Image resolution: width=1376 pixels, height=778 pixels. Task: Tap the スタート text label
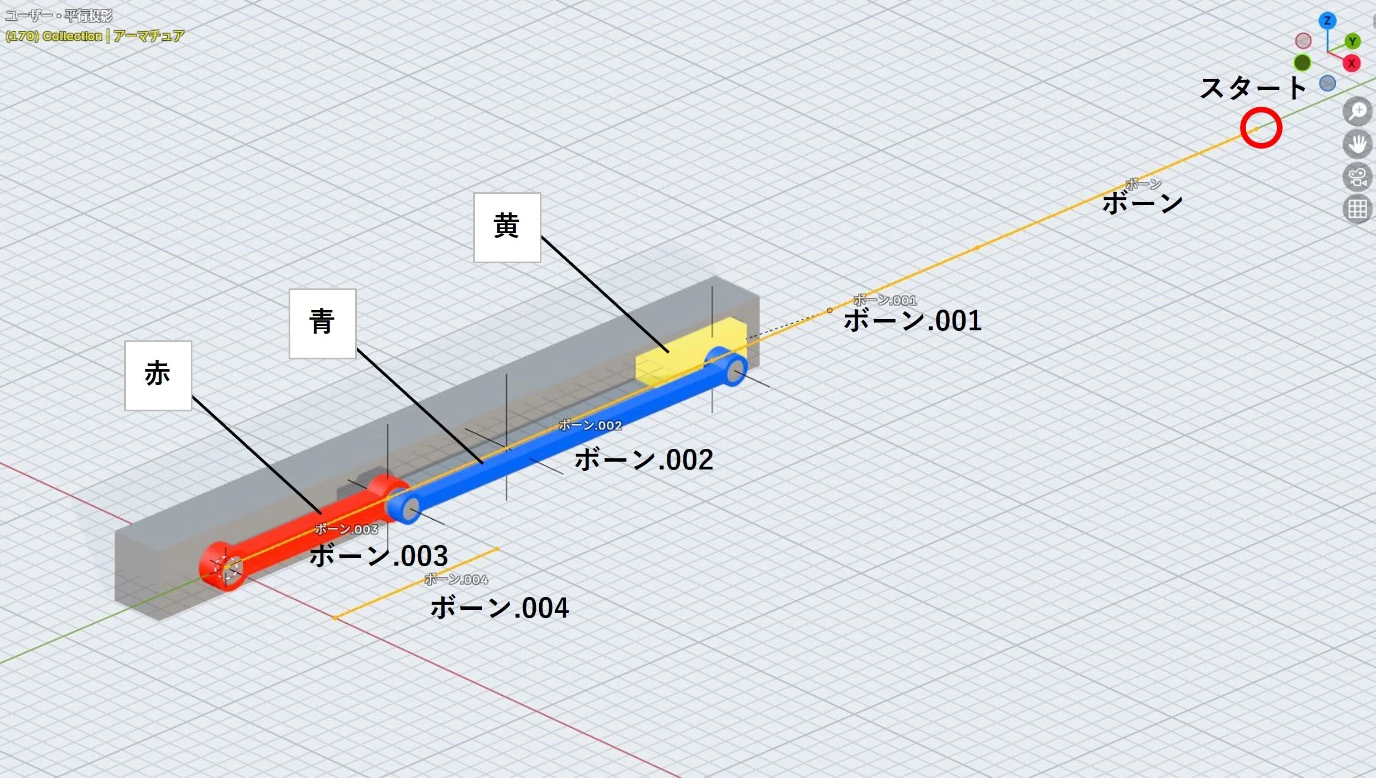[1253, 88]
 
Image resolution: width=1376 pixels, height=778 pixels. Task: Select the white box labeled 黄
[507, 227]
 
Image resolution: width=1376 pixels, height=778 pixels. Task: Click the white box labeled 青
[323, 324]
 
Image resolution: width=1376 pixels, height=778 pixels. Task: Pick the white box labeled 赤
[158, 376]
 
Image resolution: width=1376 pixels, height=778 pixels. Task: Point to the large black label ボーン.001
[912, 321]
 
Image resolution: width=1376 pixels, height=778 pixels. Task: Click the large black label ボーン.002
[644, 460]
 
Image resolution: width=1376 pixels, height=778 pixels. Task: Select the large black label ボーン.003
[379, 556]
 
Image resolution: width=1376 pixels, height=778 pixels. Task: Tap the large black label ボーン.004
[499, 608]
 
